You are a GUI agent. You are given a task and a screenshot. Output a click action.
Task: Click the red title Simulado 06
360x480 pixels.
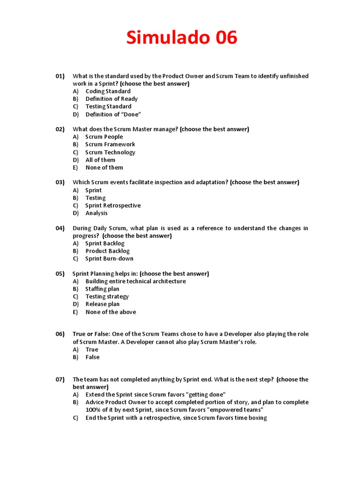tap(182, 38)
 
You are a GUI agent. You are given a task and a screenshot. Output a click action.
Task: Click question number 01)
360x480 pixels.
tap(60, 76)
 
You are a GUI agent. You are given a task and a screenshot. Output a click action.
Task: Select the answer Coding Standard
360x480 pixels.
tap(108, 91)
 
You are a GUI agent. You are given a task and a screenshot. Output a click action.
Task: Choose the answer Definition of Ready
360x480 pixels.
tap(112, 99)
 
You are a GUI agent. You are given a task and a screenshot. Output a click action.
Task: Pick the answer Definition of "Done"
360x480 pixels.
tap(113, 114)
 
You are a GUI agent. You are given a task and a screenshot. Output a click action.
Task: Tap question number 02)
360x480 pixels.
tap(60, 129)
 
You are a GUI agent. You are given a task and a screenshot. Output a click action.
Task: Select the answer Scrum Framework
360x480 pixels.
tap(110, 144)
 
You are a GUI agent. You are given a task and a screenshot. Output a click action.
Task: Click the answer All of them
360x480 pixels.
tap(100, 160)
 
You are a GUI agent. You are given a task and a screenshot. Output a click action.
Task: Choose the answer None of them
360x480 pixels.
tap(104, 167)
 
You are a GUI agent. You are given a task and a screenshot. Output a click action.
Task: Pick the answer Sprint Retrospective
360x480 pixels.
tap(113, 205)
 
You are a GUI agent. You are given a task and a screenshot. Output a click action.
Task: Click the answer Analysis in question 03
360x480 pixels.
tap(97, 213)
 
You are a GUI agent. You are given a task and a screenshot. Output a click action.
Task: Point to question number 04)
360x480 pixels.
tap(60, 228)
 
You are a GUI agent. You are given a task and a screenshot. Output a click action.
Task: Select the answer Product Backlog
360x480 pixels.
tap(107, 251)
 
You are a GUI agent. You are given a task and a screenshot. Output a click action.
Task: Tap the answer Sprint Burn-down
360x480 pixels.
tap(109, 258)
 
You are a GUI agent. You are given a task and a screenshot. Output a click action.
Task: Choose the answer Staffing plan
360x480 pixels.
tap(102, 289)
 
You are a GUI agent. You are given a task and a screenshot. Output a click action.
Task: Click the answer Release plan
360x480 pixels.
tap(102, 304)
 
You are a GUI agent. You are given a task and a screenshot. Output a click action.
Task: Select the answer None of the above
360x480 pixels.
tap(111, 312)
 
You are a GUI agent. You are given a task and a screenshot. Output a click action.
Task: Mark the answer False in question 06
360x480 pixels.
tap(92, 357)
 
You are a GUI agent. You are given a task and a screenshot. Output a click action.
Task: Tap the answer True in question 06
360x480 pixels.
tap(92, 350)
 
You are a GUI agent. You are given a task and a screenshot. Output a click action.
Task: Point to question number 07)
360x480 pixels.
tap(60, 380)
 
